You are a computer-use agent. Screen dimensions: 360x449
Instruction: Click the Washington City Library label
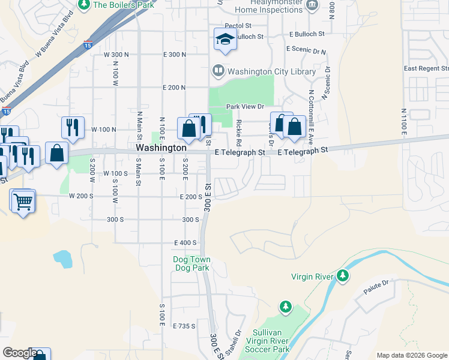click(271, 71)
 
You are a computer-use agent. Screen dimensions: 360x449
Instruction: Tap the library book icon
click(218, 71)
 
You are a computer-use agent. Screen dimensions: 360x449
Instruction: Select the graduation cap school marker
click(225, 40)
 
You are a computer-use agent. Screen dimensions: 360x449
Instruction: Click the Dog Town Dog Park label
click(191, 263)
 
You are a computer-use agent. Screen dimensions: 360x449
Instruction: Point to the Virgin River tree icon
click(343, 276)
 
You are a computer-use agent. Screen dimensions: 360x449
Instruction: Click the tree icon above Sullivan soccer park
click(286, 308)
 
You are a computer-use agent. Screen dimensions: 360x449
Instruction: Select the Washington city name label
click(161, 147)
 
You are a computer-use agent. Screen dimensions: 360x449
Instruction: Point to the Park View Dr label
click(245, 107)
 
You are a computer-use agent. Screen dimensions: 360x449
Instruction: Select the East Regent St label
click(427, 68)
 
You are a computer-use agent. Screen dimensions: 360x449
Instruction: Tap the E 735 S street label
click(184, 326)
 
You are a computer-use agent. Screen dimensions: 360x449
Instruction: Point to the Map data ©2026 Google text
click(411, 355)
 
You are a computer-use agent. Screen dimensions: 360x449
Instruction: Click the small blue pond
click(62, 259)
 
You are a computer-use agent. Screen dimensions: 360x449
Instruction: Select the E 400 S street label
click(185, 242)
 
